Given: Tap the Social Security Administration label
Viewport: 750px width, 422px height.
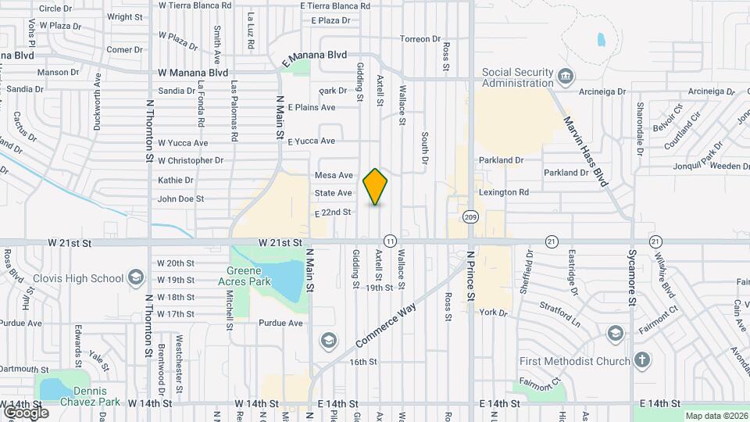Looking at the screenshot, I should (x=517, y=77).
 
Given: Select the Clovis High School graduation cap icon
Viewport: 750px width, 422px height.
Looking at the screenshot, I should (x=137, y=278).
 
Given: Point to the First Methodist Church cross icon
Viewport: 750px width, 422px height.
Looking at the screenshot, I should (x=641, y=360).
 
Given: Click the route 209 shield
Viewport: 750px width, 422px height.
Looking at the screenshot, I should (x=470, y=216).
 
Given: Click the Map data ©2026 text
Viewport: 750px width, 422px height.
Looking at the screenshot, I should (x=716, y=416).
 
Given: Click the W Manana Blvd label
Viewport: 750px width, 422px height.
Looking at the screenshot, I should (x=192, y=73).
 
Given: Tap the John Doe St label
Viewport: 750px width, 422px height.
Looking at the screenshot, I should (x=180, y=199).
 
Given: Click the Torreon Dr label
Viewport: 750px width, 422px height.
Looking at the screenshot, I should (x=420, y=39).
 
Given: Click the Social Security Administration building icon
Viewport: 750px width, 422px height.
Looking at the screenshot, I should (x=566, y=77).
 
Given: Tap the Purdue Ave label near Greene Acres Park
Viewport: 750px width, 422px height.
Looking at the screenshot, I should (x=284, y=323).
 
